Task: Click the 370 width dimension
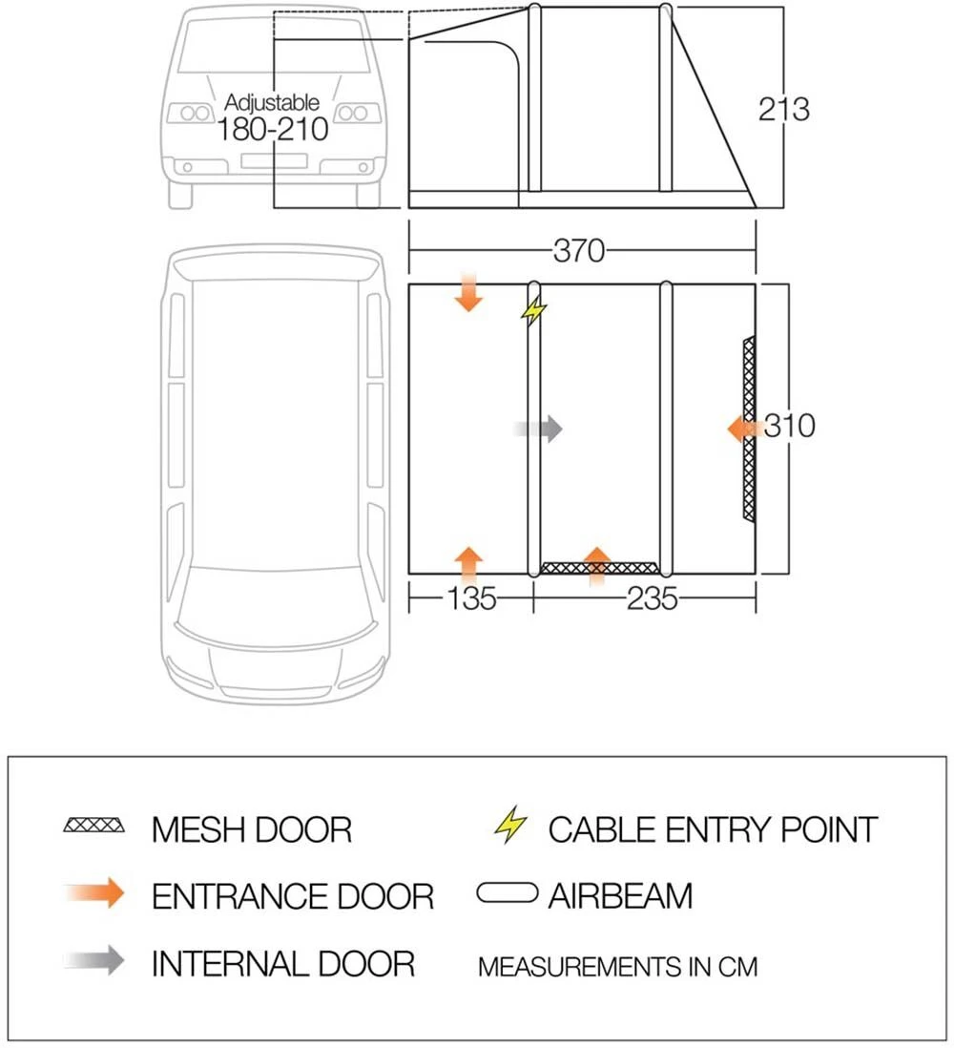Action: coord(579,251)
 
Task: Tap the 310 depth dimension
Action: coord(789,426)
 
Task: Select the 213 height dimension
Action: coord(784,109)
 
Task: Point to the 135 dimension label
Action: coord(471,599)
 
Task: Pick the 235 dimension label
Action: coord(652,599)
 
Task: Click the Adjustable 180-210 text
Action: coord(273,117)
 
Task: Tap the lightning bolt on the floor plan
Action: coord(535,310)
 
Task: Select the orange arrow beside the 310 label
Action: coord(745,429)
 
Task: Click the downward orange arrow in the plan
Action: coord(468,292)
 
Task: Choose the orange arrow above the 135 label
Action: coord(468,563)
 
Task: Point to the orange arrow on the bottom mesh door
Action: coord(596,564)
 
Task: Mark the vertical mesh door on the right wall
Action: coord(749,429)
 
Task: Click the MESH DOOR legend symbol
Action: coord(93,826)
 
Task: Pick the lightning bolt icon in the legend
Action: coord(510,826)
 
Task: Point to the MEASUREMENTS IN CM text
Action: coord(617,967)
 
